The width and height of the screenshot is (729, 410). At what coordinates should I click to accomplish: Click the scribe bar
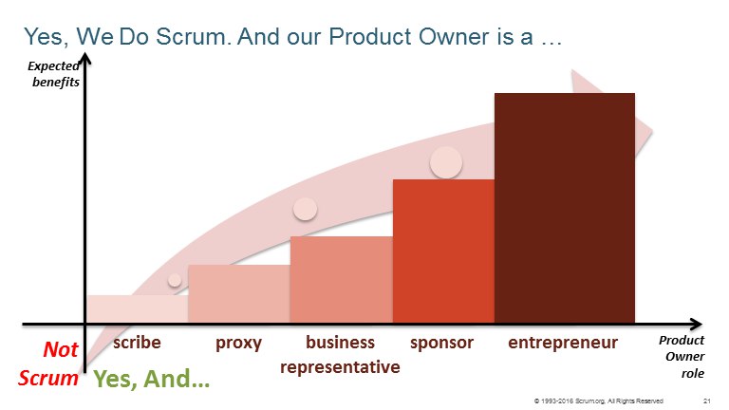click(x=138, y=309)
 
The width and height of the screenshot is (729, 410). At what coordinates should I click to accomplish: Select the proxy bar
click(x=239, y=294)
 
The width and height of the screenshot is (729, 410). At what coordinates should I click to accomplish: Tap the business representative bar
click(x=342, y=279)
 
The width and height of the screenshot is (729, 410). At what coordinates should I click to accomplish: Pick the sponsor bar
click(x=443, y=251)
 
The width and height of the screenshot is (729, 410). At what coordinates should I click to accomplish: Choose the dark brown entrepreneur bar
click(x=565, y=208)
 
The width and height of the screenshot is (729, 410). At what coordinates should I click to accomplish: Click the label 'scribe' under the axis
click(x=137, y=343)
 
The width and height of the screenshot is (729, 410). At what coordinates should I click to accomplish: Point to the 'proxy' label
click(x=238, y=344)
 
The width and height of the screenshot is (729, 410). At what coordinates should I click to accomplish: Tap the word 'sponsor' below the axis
click(x=441, y=344)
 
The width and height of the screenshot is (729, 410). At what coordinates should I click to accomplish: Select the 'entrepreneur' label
click(x=563, y=344)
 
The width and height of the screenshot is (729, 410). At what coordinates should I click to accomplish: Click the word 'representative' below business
click(x=340, y=367)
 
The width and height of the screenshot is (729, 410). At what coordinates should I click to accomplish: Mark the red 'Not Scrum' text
click(x=48, y=363)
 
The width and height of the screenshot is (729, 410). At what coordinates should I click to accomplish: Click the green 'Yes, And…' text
click(x=152, y=379)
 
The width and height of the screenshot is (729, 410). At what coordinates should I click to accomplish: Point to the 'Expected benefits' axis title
click(x=53, y=74)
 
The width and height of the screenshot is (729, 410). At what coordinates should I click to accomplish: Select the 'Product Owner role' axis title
click(x=682, y=357)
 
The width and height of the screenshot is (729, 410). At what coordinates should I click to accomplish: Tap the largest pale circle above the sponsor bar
click(x=446, y=162)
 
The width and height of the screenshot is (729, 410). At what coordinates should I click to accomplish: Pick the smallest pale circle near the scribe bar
click(x=175, y=280)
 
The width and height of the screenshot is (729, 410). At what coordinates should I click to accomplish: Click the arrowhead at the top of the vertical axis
click(x=85, y=59)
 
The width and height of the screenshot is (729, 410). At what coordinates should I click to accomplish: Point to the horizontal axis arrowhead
click(x=696, y=324)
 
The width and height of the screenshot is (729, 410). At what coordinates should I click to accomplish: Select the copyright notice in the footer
click(x=599, y=401)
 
